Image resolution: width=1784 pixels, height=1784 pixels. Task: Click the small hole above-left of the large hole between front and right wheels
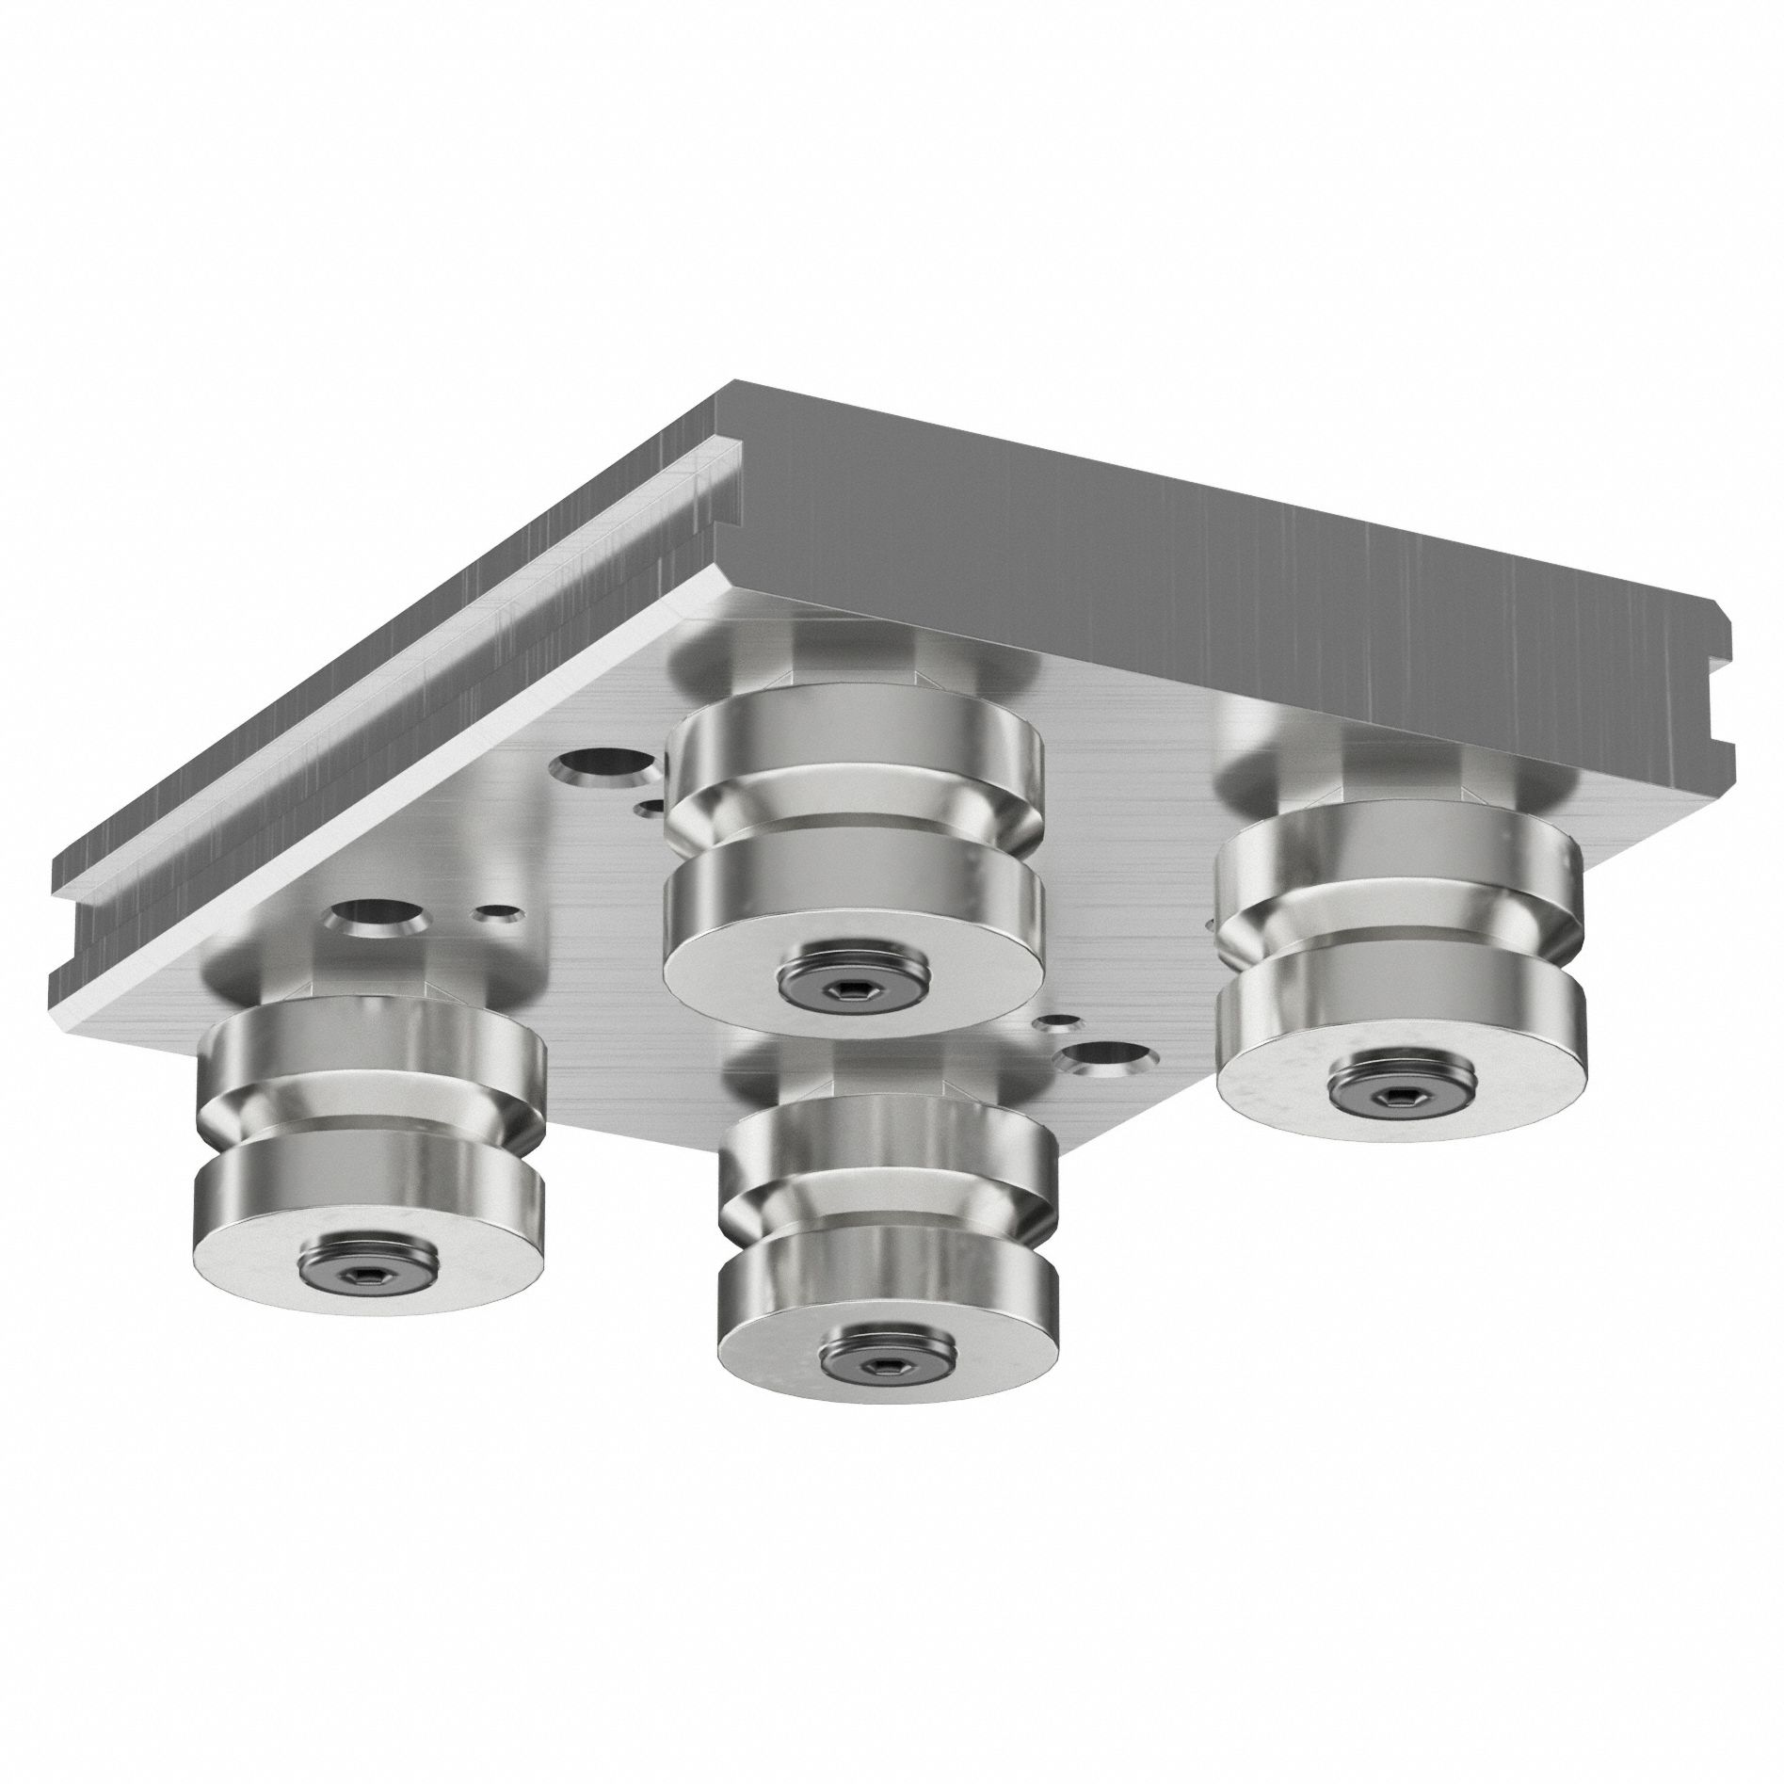(1053, 1020)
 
